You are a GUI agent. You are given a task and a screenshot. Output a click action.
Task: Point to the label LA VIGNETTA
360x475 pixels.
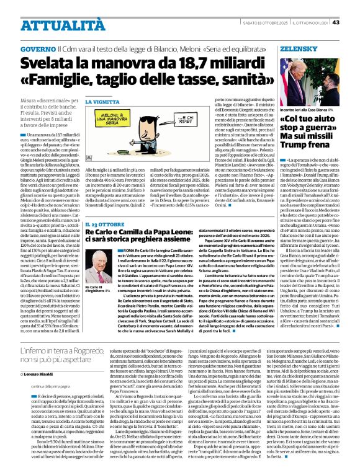(x=101, y=101)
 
